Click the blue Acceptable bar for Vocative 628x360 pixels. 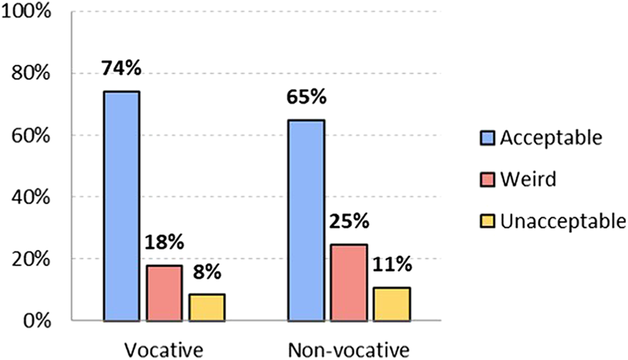(122, 206)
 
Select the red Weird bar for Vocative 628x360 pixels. (165, 293)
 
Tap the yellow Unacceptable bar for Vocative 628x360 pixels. (207, 307)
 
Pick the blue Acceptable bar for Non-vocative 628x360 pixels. (307, 220)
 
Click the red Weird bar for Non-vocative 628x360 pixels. (349, 282)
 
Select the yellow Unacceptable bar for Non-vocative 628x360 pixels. (391, 304)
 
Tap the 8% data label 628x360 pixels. (207, 272)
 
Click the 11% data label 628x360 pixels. (392, 265)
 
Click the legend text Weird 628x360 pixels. (528, 179)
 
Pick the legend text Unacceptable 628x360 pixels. (563, 221)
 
